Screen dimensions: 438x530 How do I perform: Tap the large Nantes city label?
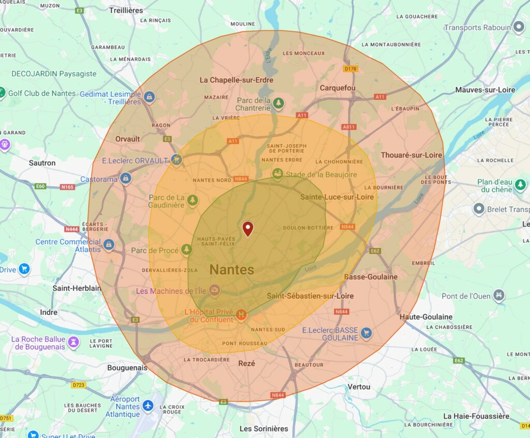[x=231, y=269]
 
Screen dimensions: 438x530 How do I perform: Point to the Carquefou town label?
[x=337, y=88]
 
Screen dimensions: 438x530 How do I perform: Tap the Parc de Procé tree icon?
[x=186, y=250]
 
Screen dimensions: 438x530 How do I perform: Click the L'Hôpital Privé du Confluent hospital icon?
[x=241, y=314]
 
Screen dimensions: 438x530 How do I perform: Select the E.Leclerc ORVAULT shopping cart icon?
[x=176, y=160]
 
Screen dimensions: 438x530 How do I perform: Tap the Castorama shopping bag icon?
[x=125, y=179]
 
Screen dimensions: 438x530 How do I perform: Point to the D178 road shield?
[x=351, y=68]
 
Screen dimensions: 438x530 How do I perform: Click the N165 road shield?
[x=67, y=187]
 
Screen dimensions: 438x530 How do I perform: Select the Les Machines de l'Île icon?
[x=214, y=290]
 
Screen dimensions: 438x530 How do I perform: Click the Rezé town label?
[x=246, y=363]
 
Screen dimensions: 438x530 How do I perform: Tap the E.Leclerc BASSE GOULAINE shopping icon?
[x=366, y=332]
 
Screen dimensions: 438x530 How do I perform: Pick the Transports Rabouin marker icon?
[x=519, y=27]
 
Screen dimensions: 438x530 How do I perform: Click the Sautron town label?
[x=42, y=163]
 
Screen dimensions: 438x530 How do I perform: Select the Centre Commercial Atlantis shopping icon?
[x=108, y=244]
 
